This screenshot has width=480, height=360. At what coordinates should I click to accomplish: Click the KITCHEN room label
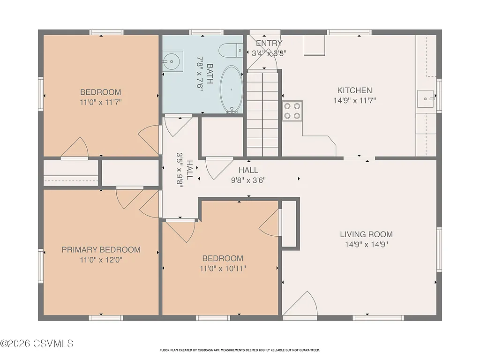[x=354, y=90]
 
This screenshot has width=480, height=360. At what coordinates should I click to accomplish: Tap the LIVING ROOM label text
[x=366, y=234]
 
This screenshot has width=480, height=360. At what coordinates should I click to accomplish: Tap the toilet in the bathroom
[x=230, y=50]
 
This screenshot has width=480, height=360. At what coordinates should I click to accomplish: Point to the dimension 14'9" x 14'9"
[x=366, y=244]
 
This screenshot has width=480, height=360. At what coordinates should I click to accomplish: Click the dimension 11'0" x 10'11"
[x=223, y=269]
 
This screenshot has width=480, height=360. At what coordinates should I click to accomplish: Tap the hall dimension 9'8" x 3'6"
[x=248, y=180]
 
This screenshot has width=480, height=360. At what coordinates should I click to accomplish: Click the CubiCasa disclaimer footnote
[x=240, y=350]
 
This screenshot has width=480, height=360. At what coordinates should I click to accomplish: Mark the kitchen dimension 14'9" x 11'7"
[x=354, y=100]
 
